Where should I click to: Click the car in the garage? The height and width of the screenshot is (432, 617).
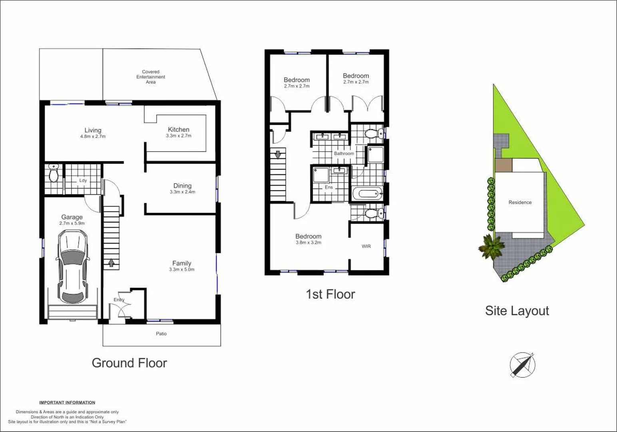73,268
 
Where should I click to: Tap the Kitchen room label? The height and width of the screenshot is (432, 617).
179,130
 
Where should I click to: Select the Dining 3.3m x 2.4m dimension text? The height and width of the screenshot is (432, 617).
182,192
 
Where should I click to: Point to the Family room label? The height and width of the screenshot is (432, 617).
182,263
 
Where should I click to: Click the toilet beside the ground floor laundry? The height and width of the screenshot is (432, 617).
53,173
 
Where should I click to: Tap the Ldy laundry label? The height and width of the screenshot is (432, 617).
83,180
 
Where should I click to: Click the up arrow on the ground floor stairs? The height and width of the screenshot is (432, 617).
111,263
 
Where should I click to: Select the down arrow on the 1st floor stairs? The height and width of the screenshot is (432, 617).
278,154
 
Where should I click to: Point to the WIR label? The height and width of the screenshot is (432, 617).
366,246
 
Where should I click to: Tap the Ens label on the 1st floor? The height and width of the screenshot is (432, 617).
328,187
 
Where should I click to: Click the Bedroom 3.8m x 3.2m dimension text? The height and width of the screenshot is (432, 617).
308,242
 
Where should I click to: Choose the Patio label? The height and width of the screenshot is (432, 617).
161,334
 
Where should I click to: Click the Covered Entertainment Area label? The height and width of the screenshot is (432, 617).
151,77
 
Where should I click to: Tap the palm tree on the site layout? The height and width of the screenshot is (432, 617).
491,246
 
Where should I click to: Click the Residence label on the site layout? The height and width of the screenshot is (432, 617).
520,202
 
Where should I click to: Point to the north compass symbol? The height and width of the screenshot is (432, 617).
522,364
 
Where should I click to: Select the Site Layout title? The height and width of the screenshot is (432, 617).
517,311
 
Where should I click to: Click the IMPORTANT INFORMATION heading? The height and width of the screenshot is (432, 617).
67,402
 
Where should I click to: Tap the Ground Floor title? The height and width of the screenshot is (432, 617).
129,363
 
